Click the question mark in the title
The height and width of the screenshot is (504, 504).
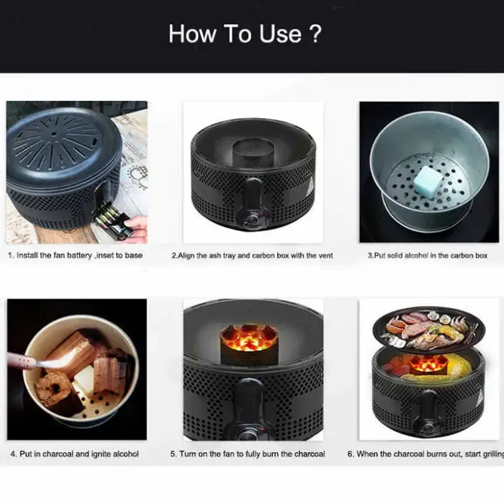(314, 34)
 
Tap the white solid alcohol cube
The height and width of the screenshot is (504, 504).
(428, 177)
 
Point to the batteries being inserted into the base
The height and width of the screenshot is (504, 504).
(110, 217)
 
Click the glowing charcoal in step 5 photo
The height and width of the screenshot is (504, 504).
(249, 336)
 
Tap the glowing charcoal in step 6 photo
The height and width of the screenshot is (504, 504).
(429, 364)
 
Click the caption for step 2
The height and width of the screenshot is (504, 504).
(252, 256)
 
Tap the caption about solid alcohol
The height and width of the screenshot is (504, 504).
(428, 256)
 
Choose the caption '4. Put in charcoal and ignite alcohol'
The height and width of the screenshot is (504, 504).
(75, 454)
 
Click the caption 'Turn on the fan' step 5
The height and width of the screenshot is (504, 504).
(248, 454)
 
